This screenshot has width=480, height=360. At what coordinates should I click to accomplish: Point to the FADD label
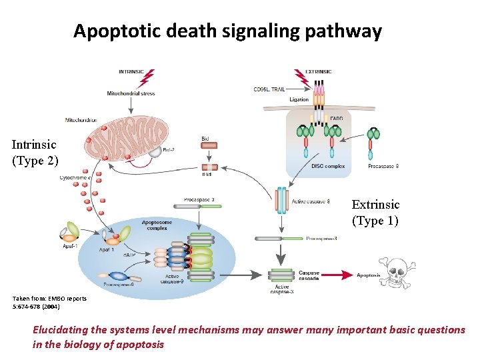[337, 119]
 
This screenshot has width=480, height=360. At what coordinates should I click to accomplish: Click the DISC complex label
[327, 166]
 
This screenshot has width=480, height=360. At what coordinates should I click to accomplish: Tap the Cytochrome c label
[75, 177]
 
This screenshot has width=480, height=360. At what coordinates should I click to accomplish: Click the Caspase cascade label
[309, 275]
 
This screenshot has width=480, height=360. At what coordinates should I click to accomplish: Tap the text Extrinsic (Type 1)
[375, 212]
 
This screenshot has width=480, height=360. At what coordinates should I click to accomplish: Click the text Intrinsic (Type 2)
[35, 152]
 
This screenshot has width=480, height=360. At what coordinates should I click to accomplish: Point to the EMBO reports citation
[49, 303]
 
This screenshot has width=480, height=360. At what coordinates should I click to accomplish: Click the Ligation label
[299, 99]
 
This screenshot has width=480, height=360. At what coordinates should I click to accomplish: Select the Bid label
[205, 139]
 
